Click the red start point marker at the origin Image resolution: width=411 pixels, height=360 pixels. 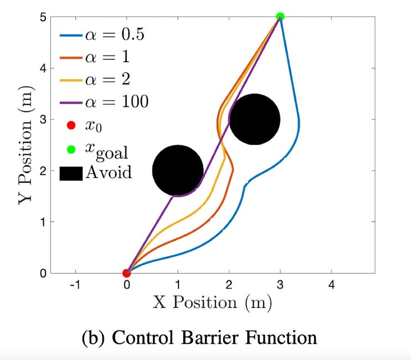126,273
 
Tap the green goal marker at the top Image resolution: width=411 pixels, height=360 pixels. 280,17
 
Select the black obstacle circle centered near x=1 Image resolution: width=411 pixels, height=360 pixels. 178,171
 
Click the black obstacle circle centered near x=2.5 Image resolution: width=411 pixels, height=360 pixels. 254,119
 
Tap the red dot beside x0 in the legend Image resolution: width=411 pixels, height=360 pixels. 70,126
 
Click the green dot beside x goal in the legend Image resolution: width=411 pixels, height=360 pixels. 70,148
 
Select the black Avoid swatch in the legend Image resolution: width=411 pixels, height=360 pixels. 70,172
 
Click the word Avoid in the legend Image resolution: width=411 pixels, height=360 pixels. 109,172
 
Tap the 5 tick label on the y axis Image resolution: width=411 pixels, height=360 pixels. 42,17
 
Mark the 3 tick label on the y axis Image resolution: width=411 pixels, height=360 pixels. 42,120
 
